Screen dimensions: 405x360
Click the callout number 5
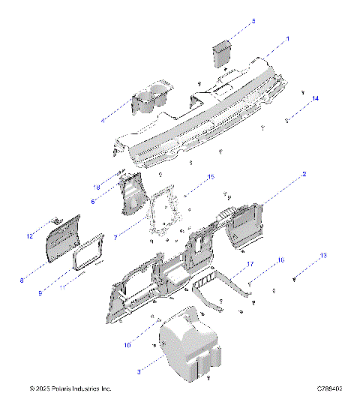[x=253, y=21]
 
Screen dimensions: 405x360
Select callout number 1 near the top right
[x=287, y=37]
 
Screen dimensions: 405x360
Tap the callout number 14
[x=315, y=99]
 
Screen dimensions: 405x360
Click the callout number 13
[x=323, y=256]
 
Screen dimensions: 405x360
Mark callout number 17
[x=250, y=263]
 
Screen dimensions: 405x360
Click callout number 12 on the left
[x=30, y=236]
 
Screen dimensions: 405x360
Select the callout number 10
[x=127, y=345]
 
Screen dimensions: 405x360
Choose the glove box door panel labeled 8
[x=63, y=238]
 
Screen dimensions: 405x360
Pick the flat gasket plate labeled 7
[x=162, y=217]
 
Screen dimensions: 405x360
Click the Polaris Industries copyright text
[x=70, y=389]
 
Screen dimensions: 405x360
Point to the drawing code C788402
[x=329, y=389]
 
